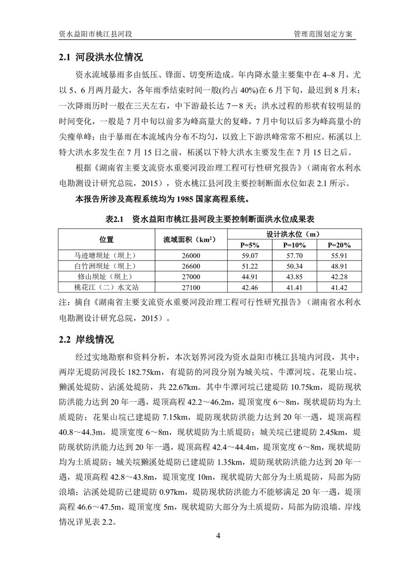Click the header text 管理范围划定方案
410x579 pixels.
click(x=323, y=34)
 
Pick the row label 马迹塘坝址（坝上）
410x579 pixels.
click(x=107, y=255)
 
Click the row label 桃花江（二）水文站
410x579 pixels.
click(x=107, y=286)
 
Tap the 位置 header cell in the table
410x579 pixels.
click(x=107, y=240)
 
